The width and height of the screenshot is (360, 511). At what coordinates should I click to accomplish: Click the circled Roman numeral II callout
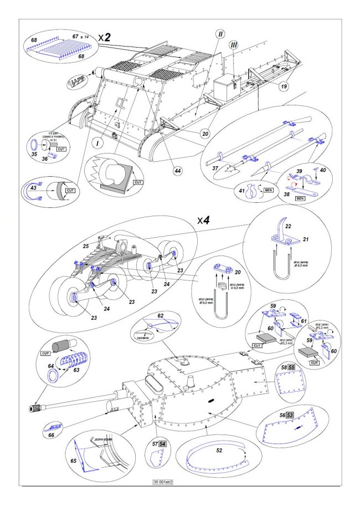220,34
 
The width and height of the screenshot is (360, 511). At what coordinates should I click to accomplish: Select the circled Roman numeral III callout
233,43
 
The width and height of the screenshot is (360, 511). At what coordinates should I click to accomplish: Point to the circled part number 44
178,171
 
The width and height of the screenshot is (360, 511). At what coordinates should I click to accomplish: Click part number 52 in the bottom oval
220,451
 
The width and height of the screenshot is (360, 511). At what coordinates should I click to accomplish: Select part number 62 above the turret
160,316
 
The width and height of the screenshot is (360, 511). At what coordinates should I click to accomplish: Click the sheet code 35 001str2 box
161,482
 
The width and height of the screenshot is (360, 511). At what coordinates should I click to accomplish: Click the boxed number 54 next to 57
162,444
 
